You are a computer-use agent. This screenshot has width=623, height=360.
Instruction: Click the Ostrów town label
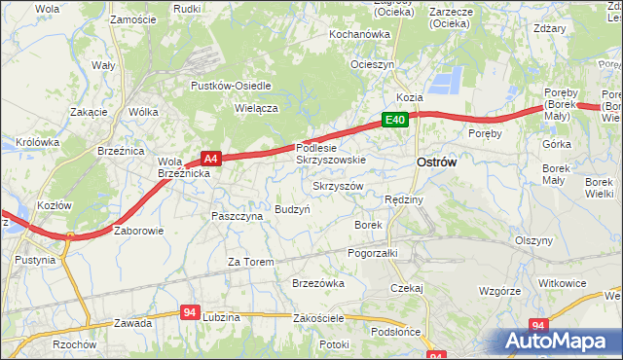coord(436,163)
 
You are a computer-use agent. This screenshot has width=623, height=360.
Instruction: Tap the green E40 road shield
coord(394,120)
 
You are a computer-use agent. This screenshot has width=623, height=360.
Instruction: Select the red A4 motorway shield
coord(211,157)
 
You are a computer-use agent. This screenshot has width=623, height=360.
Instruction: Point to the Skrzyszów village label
coord(338,185)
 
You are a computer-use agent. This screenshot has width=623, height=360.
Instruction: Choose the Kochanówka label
coord(359,34)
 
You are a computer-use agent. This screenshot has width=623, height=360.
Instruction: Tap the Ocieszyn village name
coord(372,64)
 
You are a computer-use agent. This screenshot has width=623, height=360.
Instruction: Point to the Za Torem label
coord(250,262)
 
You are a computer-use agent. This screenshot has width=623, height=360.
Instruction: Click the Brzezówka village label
coord(318,283)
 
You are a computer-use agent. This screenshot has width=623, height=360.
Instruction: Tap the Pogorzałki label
coord(373,252)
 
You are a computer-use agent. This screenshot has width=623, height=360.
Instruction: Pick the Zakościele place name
coord(318,320)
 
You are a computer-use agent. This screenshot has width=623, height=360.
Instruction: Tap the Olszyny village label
coord(534,240)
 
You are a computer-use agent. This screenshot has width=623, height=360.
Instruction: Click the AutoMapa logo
coord(562,342)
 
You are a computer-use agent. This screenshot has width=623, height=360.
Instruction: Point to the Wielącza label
coord(257,109)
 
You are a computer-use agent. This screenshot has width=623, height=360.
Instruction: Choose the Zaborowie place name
coord(139,232)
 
